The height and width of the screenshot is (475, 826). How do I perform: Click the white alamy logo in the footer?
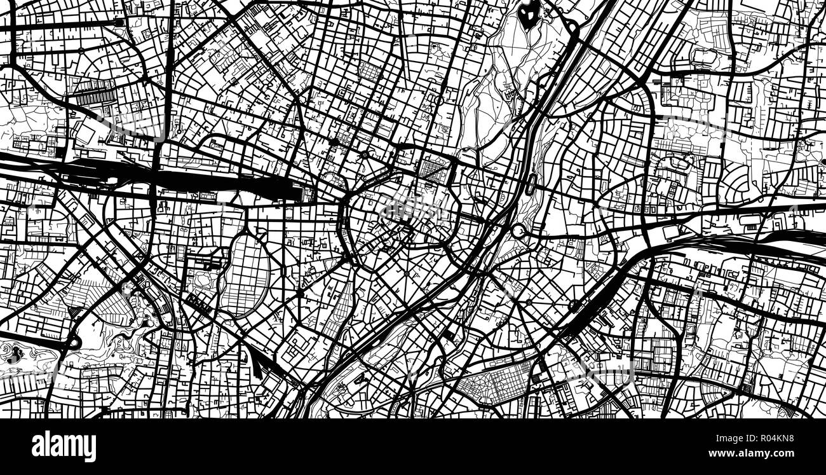click(x=64, y=446)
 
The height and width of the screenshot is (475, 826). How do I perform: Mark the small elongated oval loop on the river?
click(x=531, y=184)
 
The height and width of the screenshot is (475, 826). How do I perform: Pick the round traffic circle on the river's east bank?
click(x=518, y=230)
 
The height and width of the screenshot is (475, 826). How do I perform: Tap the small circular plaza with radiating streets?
click(x=365, y=155)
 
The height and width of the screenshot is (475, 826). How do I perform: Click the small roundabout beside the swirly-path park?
click(x=75, y=343)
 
